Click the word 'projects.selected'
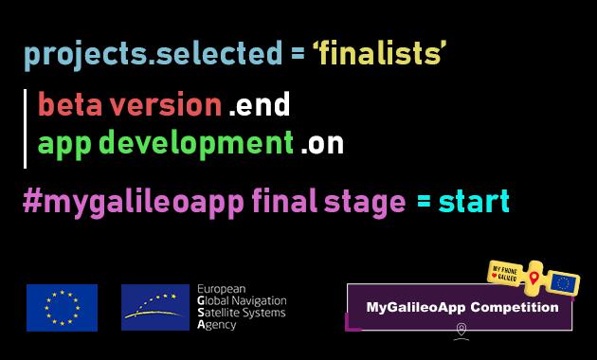[x=152, y=55]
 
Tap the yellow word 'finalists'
[x=379, y=55]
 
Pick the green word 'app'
[x=64, y=145]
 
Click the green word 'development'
[x=196, y=145]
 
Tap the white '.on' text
[x=322, y=146]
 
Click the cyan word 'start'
[x=473, y=202]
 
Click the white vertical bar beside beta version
[x=26, y=125]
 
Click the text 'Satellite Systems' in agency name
[x=240, y=312]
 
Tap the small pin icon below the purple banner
[x=461, y=330]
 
